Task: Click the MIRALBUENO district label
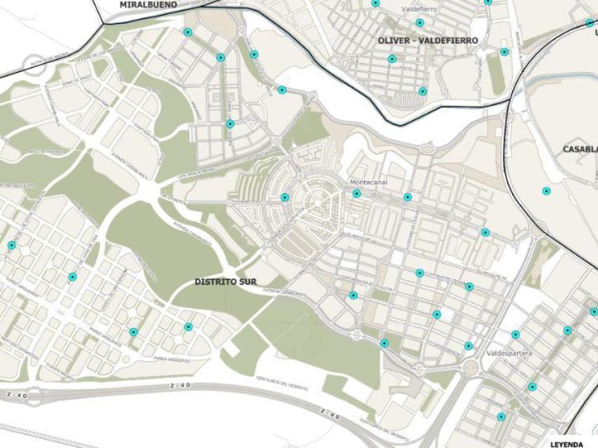147,4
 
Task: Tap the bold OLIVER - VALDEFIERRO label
427,41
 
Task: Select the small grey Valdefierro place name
419,10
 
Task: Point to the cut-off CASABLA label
580,149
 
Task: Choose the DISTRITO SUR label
225,282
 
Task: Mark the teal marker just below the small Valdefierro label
419,22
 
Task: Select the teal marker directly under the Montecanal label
356,194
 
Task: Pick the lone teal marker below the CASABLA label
546,191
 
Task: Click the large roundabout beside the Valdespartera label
471,368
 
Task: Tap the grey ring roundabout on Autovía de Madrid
34,64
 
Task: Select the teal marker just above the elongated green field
504,52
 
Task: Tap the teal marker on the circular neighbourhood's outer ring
285,197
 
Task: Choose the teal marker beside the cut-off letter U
590,22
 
